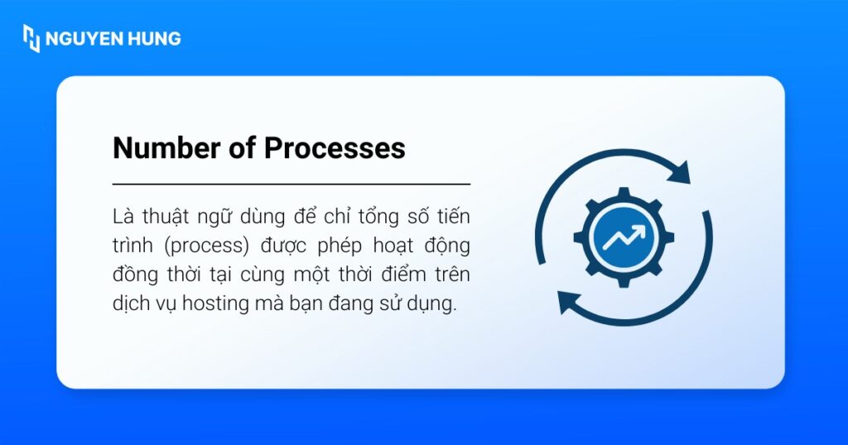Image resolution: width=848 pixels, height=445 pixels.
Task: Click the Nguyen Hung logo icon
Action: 31,38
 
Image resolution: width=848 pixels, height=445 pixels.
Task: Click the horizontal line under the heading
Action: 291,184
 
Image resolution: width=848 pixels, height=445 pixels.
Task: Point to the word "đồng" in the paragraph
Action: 137,275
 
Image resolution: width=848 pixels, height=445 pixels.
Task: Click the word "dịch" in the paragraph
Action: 132,304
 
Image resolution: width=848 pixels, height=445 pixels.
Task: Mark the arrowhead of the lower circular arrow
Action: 568,301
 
